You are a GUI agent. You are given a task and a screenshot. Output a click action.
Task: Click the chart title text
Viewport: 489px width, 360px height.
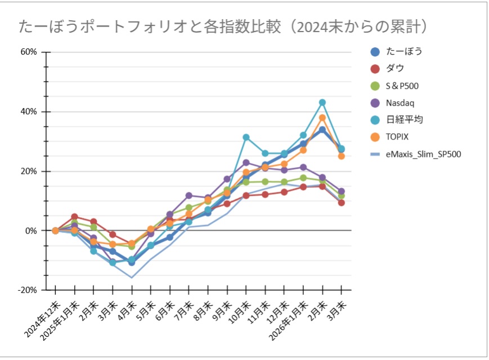[x=226, y=26]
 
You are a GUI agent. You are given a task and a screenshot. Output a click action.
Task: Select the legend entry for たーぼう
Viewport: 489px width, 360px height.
[x=404, y=51]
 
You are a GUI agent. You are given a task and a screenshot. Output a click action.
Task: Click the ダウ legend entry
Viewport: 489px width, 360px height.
[x=395, y=68]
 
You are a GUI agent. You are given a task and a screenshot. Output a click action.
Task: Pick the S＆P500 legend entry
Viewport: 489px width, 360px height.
[x=402, y=85]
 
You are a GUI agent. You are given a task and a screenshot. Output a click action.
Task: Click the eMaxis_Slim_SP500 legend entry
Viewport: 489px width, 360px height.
[x=423, y=154]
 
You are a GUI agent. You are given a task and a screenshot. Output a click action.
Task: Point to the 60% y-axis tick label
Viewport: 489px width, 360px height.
[x=29, y=52]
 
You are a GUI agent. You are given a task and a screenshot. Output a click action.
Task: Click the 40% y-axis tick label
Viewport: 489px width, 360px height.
[x=29, y=111]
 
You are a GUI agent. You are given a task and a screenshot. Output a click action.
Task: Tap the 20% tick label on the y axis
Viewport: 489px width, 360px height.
[x=29, y=171]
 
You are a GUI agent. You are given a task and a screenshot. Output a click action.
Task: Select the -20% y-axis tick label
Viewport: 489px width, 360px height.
[x=28, y=290]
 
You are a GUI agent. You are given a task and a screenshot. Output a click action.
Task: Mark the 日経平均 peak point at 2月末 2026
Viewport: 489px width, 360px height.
[x=322, y=102]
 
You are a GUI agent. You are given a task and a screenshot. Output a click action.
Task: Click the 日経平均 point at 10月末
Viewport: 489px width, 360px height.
[x=246, y=137]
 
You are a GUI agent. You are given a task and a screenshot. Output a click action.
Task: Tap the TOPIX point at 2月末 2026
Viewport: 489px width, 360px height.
[x=322, y=118]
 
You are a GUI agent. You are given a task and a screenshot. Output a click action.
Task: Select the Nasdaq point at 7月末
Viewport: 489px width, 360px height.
[x=189, y=195]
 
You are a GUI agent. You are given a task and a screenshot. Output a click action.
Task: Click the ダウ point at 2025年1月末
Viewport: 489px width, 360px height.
[x=74, y=217]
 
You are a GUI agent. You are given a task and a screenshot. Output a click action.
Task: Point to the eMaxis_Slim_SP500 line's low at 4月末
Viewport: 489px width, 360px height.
[x=132, y=277]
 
